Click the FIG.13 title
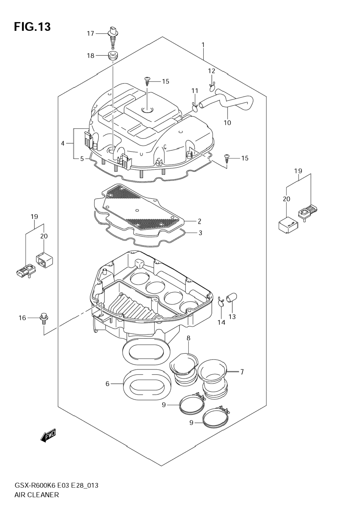32,27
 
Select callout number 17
91,33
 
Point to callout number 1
203,45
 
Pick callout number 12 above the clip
212,71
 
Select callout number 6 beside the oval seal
107,384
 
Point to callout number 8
189,338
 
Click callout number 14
221,322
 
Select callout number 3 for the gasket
201,233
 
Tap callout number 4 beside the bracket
63,143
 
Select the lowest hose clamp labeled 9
216,416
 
